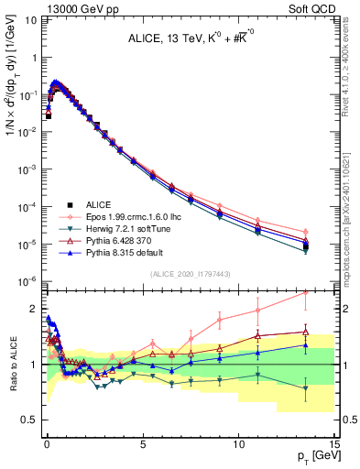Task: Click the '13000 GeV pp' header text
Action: (70, 7)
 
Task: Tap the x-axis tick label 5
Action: (142, 442)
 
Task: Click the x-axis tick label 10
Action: (238, 442)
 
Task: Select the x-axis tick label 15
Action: (334, 442)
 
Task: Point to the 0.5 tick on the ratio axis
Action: (31, 420)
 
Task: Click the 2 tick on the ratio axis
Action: (35, 309)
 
